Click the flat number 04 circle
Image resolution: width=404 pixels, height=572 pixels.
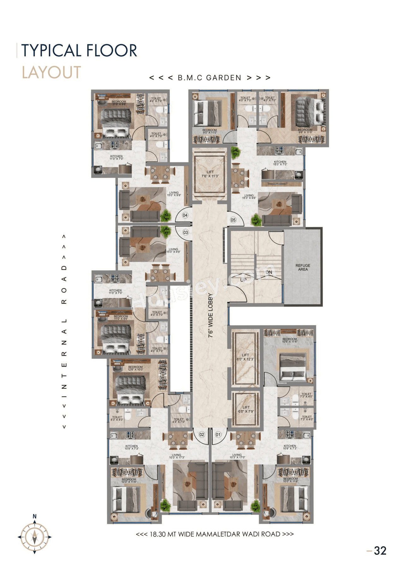[x=185, y=215]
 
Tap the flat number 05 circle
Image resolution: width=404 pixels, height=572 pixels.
[x=233, y=220]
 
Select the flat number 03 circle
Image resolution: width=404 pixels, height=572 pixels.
[x=186, y=232]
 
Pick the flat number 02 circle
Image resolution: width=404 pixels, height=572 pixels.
[x=202, y=435]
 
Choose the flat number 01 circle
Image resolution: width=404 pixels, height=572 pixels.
[x=218, y=435]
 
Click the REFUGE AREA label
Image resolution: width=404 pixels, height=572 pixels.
[x=303, y=267]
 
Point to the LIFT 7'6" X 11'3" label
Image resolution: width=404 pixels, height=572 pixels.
[x=210, y=174]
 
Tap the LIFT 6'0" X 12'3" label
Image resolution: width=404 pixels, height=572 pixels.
[x=245, y=357]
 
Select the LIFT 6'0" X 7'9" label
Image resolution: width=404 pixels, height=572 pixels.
[x=246, y=409]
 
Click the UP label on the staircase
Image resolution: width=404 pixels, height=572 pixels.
[x=243, y=280]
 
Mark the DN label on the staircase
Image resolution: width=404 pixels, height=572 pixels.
[x=269, y=272]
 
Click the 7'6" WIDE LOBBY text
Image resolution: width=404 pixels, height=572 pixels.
[x=211, y=316]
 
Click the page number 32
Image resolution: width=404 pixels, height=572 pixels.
[x=380, y=551]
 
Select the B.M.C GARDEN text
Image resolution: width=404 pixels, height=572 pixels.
[x=210, y=78]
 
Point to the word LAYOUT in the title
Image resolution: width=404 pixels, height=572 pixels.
[x=51, y=73]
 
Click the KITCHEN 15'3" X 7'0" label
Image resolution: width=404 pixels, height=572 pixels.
[x=280, y=163]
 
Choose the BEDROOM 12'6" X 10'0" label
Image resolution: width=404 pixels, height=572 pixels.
[x=135, y=368]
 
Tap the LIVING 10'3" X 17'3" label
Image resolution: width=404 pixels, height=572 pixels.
[x=176, y=456]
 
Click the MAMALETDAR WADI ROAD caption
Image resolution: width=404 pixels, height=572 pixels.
[x=215, y=534]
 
